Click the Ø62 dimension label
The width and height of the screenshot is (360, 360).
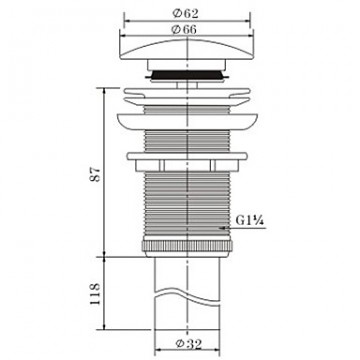click(x=185, y=14)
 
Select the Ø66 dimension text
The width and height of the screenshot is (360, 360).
click(x=184, y=29)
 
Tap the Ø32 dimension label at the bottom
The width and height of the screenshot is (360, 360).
click(x=189, y=344)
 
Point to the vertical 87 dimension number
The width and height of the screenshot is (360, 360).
click(x=96, y=174)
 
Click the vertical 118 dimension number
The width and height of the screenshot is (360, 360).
click(x=95, y=294)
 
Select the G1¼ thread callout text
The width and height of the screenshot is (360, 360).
click(x=248, y=220)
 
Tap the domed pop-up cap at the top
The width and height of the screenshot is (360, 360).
click(x=187, y=49)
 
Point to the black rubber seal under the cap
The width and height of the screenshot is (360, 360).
click(x=187, y=75)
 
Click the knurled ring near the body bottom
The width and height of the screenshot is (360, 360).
click(x=187, y=246)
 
